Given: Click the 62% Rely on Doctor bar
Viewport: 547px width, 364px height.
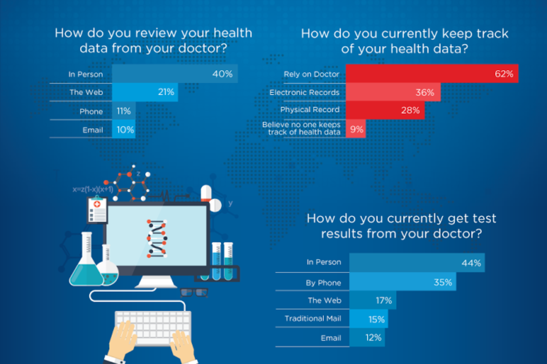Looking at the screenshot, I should (432, 73).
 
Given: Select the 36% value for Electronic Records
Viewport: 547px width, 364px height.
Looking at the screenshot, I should (425, 92).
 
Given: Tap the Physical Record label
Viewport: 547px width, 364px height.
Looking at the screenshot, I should (310, 110).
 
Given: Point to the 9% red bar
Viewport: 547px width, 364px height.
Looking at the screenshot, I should (356, 129).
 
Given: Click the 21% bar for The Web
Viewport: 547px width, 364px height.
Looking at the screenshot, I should (145, 92).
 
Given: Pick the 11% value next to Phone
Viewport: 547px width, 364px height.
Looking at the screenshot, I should (124, 111).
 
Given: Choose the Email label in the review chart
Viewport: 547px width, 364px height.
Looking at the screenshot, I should (93, 130).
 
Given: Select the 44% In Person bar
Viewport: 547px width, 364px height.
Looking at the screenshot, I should (417, 263).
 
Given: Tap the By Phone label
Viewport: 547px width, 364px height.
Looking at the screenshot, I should (323, 283).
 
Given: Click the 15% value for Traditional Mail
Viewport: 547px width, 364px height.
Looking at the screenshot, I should (376, 319).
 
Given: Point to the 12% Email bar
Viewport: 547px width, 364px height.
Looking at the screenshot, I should (367, 338).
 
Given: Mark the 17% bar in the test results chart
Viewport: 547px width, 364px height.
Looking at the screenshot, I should (373, 300).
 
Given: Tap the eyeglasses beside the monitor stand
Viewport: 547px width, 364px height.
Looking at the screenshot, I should (194, 292).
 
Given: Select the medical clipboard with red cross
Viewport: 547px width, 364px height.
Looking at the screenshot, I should (97, 210).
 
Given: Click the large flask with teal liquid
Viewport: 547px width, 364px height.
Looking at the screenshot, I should (86, 264).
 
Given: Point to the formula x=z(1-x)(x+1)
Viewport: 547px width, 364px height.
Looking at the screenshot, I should (93, 190).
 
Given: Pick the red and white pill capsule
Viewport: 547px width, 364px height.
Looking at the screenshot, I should (206, 193).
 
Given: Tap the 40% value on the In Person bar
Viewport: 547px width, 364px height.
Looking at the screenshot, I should (222, 74).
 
